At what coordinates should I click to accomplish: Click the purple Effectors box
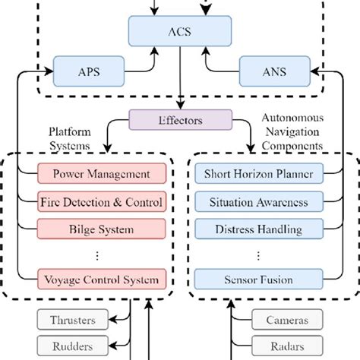(179, 119)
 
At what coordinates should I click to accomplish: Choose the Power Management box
(101, 174)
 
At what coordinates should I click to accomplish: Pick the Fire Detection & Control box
(101, 202)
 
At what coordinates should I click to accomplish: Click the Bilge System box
(101, 229)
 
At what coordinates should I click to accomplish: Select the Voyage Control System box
(101, 279)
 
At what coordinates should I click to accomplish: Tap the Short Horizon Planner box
(258, 174)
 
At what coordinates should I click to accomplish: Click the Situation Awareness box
(258, 202)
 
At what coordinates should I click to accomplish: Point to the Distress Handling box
(258, 229)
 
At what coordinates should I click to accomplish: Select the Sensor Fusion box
(258, 279)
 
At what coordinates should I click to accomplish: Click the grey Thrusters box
(74, 321)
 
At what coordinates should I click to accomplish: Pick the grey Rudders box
(74, 347)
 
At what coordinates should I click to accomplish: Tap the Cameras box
(286, 321)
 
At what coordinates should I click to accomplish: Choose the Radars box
(286, 347)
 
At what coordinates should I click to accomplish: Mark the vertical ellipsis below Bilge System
(101, 254)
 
